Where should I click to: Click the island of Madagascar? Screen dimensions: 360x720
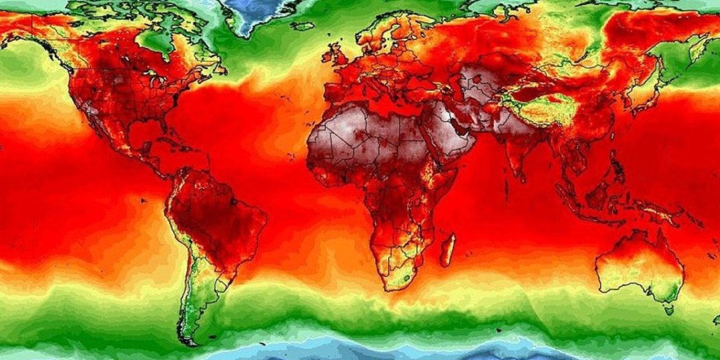click(448, 250)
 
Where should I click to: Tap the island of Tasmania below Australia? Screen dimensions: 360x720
click(669, 309)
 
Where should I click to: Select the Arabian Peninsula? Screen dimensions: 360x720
click(450, 132)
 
